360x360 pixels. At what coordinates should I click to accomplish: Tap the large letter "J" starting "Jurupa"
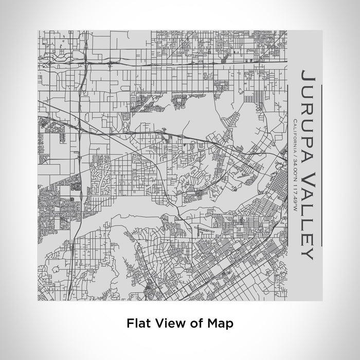pos(307,77)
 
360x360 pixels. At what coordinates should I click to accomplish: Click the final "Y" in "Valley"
pos(307,254)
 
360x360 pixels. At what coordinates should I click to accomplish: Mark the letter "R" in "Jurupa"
pos(307,106)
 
